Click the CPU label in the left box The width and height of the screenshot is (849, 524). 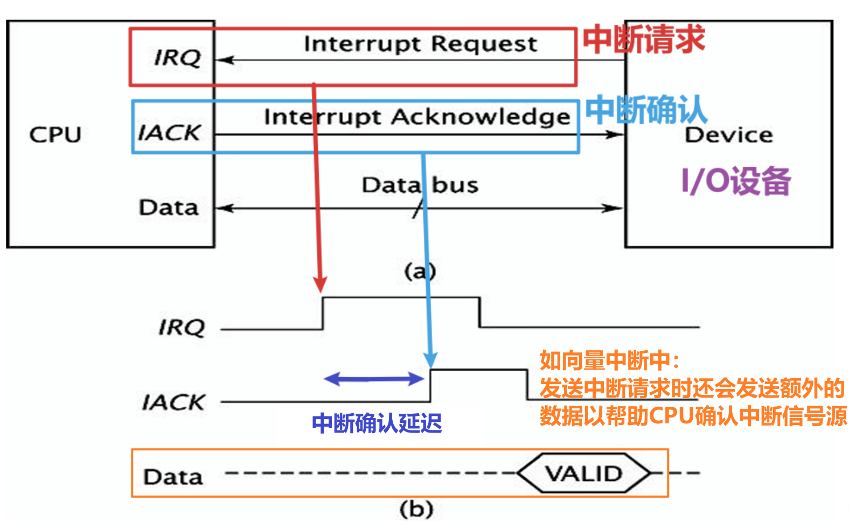tap(55, 134)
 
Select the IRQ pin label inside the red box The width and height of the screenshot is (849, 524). tap(177, 58)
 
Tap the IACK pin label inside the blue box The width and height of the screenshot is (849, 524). tap(169, 132)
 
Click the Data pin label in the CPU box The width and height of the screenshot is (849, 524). tap(169, 208)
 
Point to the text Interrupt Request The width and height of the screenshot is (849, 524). tap(420, 44)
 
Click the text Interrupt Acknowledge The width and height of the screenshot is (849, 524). tap(416, 117)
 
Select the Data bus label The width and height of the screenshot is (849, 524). tap(420, 185)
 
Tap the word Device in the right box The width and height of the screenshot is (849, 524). tap(728, 134)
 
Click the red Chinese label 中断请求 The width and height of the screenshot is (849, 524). tap(644, 39)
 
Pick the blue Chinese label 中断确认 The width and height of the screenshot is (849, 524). tap(646, 110)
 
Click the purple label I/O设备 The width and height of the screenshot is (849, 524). tap(735, 181)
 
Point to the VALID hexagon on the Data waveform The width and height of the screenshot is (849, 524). tap(583, 473)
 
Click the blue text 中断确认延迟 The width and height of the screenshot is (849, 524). tap(377, 423)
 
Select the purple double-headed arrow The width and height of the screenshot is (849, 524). tap(374, 379)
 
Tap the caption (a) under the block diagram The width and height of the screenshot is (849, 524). tap(420, 271)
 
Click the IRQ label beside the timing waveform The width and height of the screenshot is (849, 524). tap(182, 327)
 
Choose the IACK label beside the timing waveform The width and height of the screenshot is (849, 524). tap(173, 402)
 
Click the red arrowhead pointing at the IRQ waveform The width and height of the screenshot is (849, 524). tap(321, 285)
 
